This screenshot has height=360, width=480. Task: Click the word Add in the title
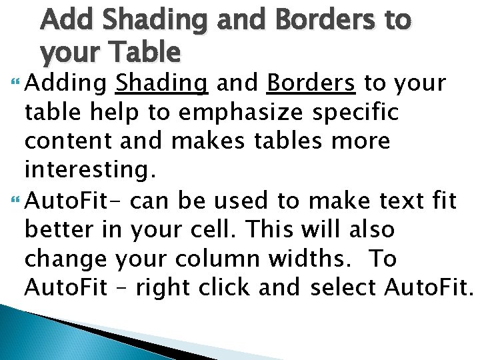pos(65,20)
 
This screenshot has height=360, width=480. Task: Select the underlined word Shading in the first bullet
pos(161,83)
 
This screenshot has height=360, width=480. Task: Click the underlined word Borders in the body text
pos(310,83)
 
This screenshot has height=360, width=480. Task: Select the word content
pos(63,142)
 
